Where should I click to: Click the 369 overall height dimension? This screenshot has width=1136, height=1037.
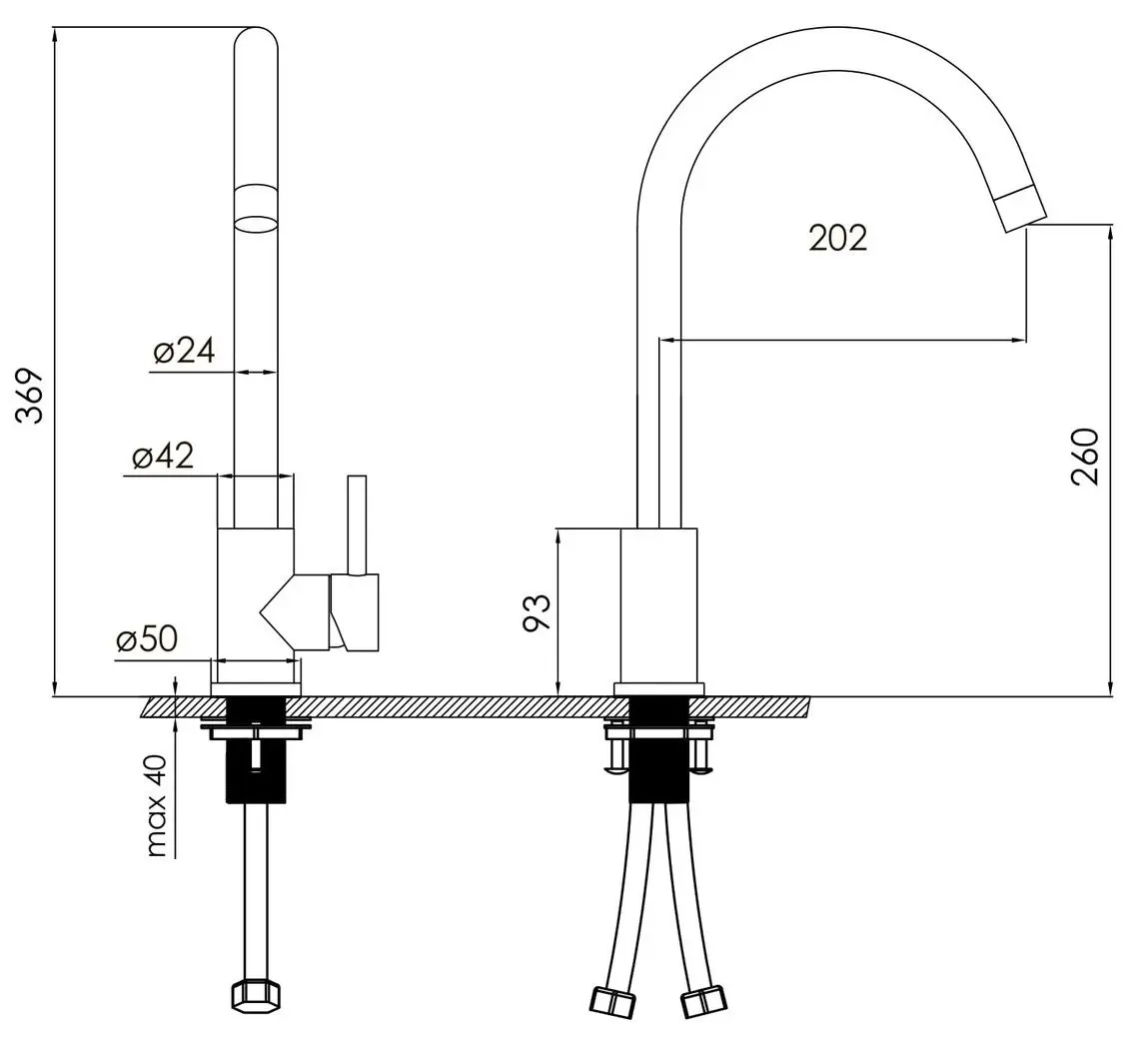click(30, 396)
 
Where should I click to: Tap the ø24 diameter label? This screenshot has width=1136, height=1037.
click(185, 351)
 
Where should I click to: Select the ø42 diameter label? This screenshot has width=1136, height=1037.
click(163, 456)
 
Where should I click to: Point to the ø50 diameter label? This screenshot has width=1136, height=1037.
click(146, 639)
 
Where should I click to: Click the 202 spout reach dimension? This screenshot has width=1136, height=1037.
click(838, 239)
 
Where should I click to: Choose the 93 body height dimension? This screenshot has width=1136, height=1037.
click(537, 613)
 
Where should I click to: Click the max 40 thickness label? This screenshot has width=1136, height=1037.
click(157, 806)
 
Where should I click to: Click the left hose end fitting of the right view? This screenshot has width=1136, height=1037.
click(612, 1001)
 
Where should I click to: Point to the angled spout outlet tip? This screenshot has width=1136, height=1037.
click(1020, 208)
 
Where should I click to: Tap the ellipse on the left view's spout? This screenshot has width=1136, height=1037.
click(256, 223)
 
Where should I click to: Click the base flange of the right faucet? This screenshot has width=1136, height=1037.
click(659, 689)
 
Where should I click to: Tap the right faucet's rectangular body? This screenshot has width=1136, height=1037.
click(658, 605)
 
